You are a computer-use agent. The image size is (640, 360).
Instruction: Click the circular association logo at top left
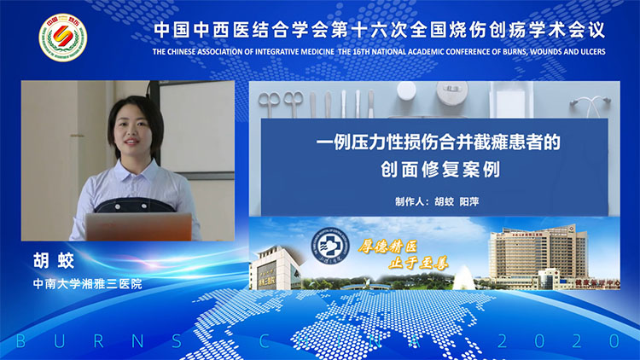click(62, 38)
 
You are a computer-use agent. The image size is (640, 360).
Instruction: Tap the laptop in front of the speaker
click(138, 227)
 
